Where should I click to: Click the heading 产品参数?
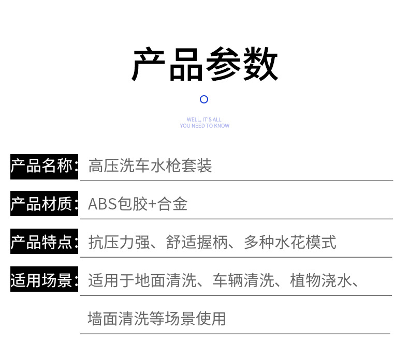pos(204,65)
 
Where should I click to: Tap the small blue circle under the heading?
pos(204,99)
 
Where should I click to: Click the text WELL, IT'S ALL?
pos(204,119)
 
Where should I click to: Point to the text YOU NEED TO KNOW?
pos(204,126)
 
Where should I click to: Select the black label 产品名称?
pos(42,166)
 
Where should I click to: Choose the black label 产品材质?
pos(42,204)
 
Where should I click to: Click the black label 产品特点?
pos(42,242)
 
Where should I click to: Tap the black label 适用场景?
pos(42,280)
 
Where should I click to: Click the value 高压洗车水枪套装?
pos(150,166)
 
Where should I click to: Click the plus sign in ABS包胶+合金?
pos(152,205)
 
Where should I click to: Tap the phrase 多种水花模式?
pos(290,242)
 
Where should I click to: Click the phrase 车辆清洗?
pos(243,281)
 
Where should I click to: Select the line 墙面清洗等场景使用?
pos(157,318)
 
